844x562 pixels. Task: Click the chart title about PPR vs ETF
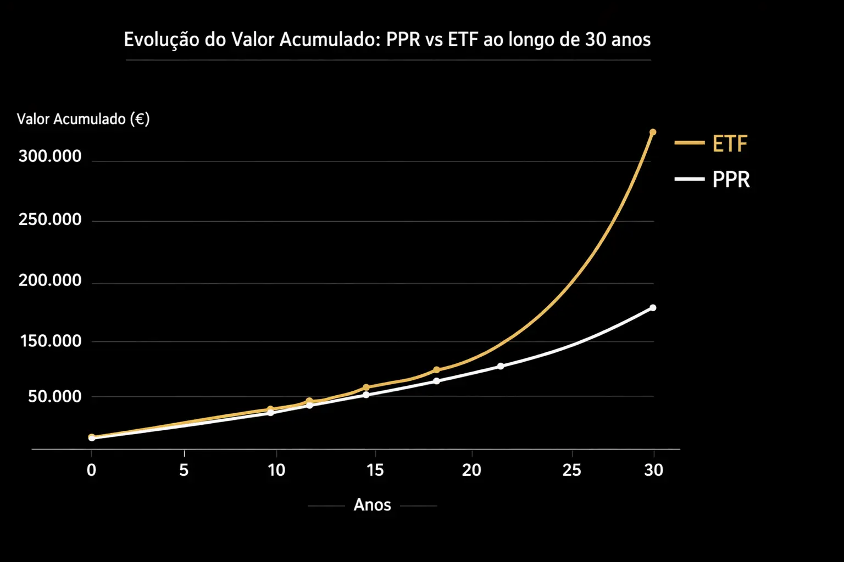pos(387,40)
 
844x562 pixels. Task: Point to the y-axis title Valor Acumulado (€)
pos(83,119)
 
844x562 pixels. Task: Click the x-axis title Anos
pos(372,505)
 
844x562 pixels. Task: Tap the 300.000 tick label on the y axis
pos(50,156)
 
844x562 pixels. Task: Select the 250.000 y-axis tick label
pos(50,220)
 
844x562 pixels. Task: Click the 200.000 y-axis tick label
pos(50,280)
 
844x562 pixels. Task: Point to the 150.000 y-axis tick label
pos(51,341)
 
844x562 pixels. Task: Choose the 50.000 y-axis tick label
pos(54,396)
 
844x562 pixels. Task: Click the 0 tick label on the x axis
pos(91,470)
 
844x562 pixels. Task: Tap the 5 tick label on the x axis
pos(184,470)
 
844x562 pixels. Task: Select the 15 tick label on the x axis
pos(375,470)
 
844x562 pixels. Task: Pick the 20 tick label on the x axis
pos(471,470)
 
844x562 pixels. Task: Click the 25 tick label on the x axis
pos(571,470)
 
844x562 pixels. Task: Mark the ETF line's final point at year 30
pos(653,132)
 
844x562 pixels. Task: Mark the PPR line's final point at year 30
pos(653,308)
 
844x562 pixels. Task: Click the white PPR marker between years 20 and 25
pos(500,366)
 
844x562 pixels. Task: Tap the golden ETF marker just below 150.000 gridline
pos(436,370)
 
